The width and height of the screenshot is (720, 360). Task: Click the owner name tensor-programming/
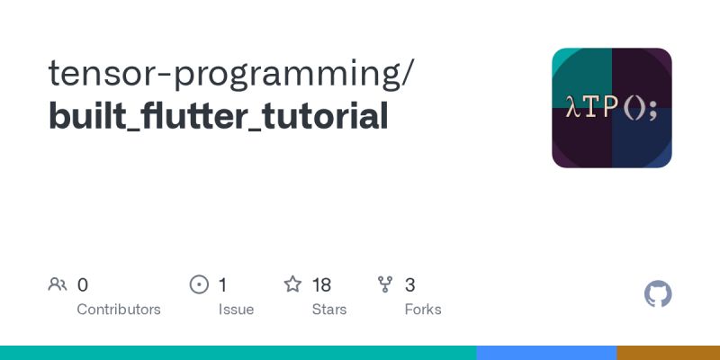[232, 74]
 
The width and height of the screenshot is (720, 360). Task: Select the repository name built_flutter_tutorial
[219, 116]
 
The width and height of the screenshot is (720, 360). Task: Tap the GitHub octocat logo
[659, 294]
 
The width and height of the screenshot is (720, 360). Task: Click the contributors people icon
[58, 285]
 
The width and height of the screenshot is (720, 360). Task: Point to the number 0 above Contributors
[83, 285]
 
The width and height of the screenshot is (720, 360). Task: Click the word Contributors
[119, 310]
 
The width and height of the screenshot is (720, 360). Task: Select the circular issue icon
[199, 285]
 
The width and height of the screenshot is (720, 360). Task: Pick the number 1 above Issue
[222, 285]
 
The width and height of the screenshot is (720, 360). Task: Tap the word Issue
[236, 310]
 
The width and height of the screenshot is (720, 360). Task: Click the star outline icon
[292, 285]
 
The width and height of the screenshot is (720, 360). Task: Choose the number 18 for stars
[321, 285]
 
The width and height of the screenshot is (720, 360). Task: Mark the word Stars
[329, 310]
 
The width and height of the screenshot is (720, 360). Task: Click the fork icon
[386, 285]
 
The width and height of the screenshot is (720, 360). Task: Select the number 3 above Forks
[409, 285]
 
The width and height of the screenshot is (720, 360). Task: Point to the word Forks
[423, 310]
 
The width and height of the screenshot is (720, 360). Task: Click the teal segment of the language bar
[238, 353]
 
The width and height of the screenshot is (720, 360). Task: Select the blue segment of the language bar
[546, 353]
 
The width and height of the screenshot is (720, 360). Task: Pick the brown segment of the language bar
[668, 353]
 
